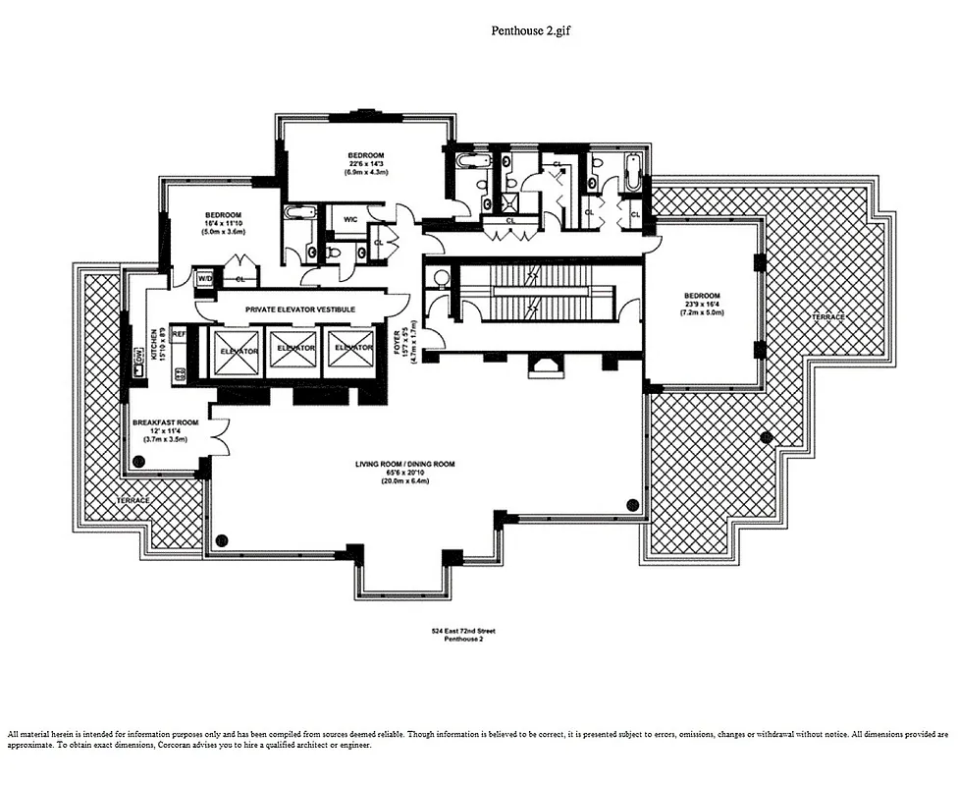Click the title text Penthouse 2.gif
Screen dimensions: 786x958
point(530,30)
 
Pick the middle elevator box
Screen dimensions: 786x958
point(295,351)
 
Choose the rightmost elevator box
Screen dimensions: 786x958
point(353,350)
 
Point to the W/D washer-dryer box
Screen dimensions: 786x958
point(204,279)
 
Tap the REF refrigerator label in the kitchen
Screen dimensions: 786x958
point(180,334)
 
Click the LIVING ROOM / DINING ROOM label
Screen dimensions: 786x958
point(405,464)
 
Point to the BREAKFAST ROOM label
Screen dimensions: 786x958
point(166,422)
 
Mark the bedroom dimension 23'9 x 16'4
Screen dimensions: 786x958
point(702,306)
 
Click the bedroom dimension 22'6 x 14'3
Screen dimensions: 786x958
point(365,164)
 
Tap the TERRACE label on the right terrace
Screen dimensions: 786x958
point(829,317)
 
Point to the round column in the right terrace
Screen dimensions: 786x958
point(767,435)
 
